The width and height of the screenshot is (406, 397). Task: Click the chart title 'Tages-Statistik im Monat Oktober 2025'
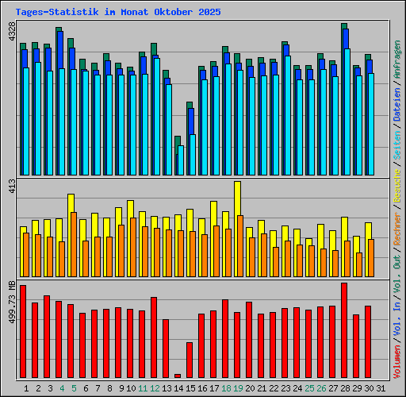coord(118,13)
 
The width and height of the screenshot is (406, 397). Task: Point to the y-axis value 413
coord(10,187)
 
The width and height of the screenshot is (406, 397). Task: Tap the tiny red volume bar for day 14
coord(178,376)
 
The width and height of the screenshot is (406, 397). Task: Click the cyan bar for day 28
coord(347,111)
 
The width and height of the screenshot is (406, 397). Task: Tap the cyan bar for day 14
coord(181,160)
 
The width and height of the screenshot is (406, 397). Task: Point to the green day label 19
coord(238,388)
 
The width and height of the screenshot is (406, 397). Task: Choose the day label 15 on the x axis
coord(190,388)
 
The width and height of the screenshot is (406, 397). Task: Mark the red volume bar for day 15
coord(190,360)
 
